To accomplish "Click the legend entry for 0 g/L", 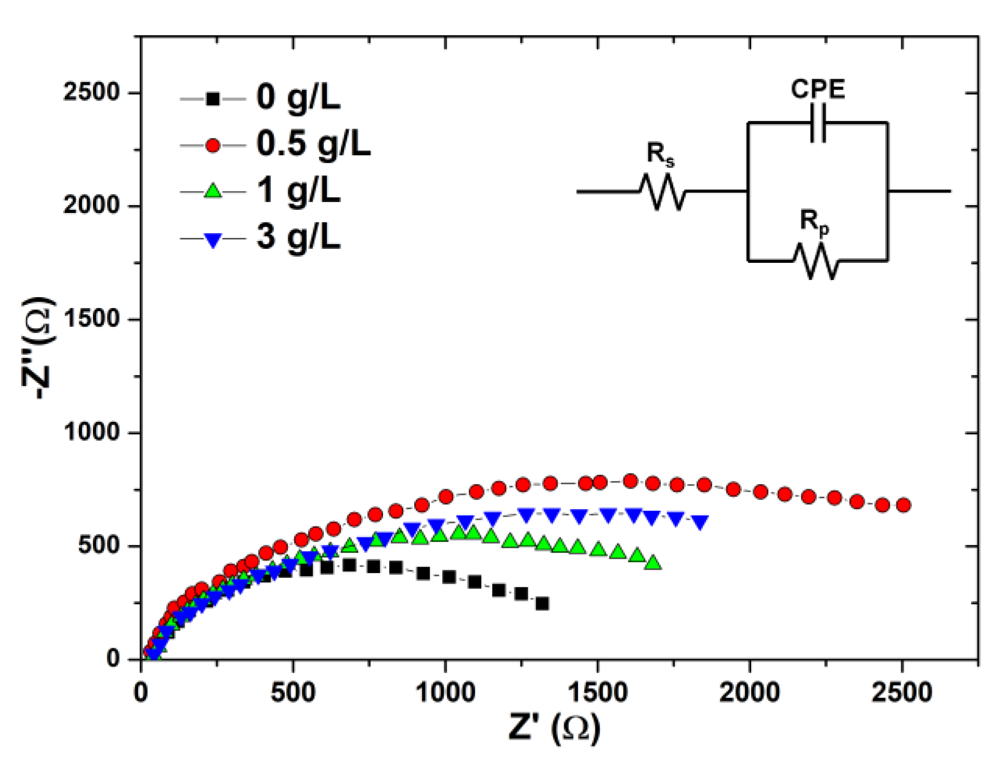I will (x=298, y=97).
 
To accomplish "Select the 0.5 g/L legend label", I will (x=313, y=144).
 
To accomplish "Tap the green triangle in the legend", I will (x=213, y=191).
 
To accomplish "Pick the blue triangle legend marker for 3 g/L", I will (x=213, y=239).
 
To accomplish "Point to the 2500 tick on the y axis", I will (x=92, y=92).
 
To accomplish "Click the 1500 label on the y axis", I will (x=92, y=319).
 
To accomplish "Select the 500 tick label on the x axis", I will (x=293, y=692).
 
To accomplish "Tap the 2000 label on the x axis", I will (x=750, y=692).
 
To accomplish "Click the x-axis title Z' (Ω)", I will (x=554, y=728).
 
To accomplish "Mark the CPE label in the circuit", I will (x=818, y=89).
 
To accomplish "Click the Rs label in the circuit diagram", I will (x=660, y=154).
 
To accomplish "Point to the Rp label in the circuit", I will (x=814, y=222).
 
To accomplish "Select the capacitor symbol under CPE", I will (x=818, y=123).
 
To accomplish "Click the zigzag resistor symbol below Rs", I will (x=662, y=192).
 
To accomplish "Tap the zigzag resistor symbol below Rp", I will (x=815, y=261).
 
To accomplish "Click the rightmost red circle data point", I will (x=903, y=505).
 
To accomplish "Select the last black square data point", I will (x=542, y=604).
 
